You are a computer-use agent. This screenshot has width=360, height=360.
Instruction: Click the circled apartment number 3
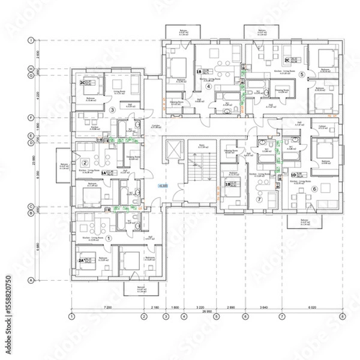[x=112, y=109]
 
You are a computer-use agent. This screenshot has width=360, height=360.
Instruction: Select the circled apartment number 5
[x=302, y=74]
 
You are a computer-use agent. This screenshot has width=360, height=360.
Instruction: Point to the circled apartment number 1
[x=109, y=238]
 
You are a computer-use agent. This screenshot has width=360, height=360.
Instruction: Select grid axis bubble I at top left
[x=30, y=41]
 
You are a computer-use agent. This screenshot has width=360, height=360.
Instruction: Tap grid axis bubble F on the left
[x=30, y=118]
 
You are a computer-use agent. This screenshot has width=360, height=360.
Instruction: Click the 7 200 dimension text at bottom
[x=107, y=307]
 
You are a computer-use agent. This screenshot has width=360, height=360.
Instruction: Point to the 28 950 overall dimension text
[x=206, y=312]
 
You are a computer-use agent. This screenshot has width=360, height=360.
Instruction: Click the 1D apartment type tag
[x=294, y=175]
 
